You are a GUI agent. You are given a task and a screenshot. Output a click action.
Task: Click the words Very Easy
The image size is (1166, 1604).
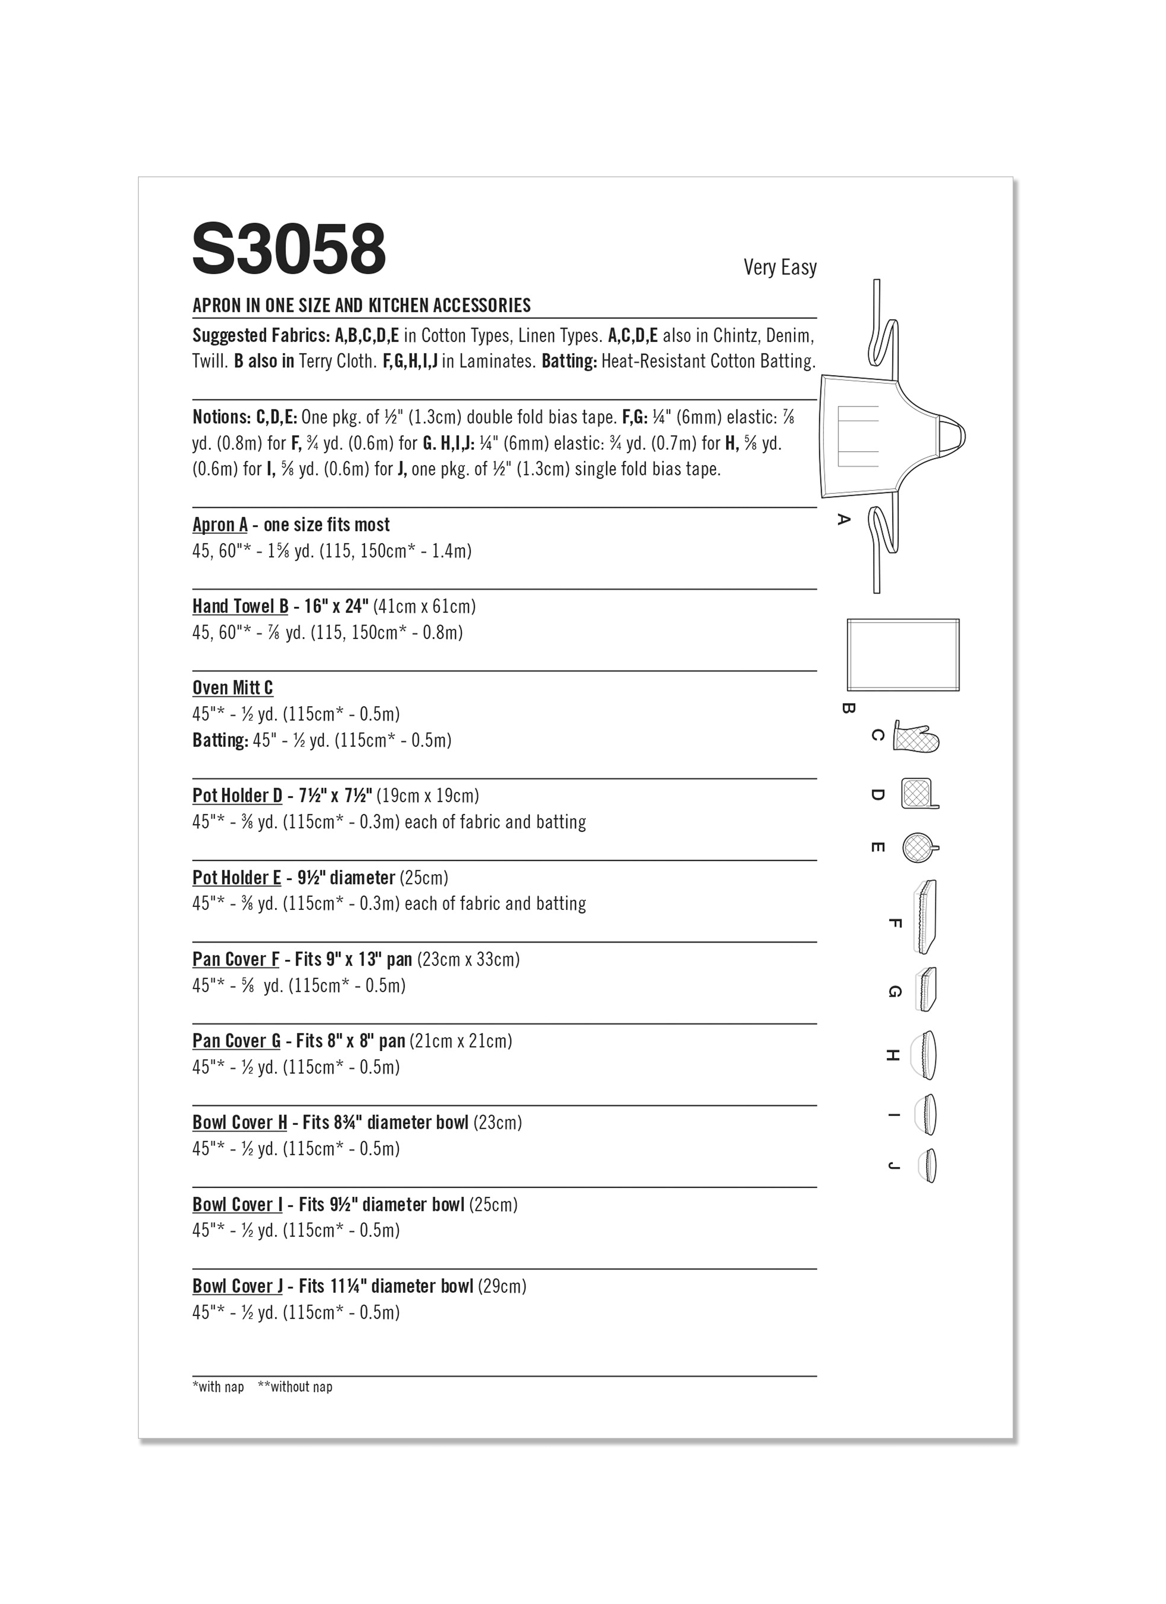[779, 267]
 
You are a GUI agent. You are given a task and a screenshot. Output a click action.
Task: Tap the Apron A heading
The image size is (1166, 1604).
[220, 525]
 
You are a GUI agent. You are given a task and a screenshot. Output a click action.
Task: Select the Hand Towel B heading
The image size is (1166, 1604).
[240, 606]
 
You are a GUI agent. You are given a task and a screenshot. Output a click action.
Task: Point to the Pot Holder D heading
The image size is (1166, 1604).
[237, 796]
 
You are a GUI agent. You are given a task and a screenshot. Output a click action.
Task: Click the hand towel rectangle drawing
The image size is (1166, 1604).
[903, 654]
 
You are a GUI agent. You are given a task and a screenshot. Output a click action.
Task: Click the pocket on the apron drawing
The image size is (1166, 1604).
[857, 436]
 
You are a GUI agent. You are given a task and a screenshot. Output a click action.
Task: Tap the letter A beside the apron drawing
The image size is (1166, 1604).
[843, 519]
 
